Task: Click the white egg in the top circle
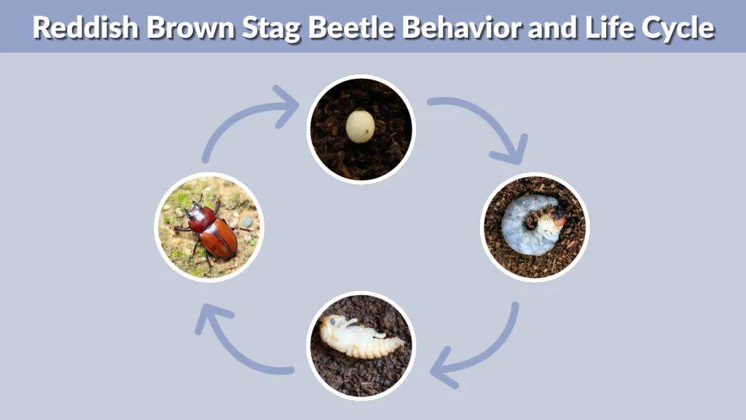tap(360, 126)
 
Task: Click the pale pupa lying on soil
tap(360, 336)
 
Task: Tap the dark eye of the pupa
tap(333, 320)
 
